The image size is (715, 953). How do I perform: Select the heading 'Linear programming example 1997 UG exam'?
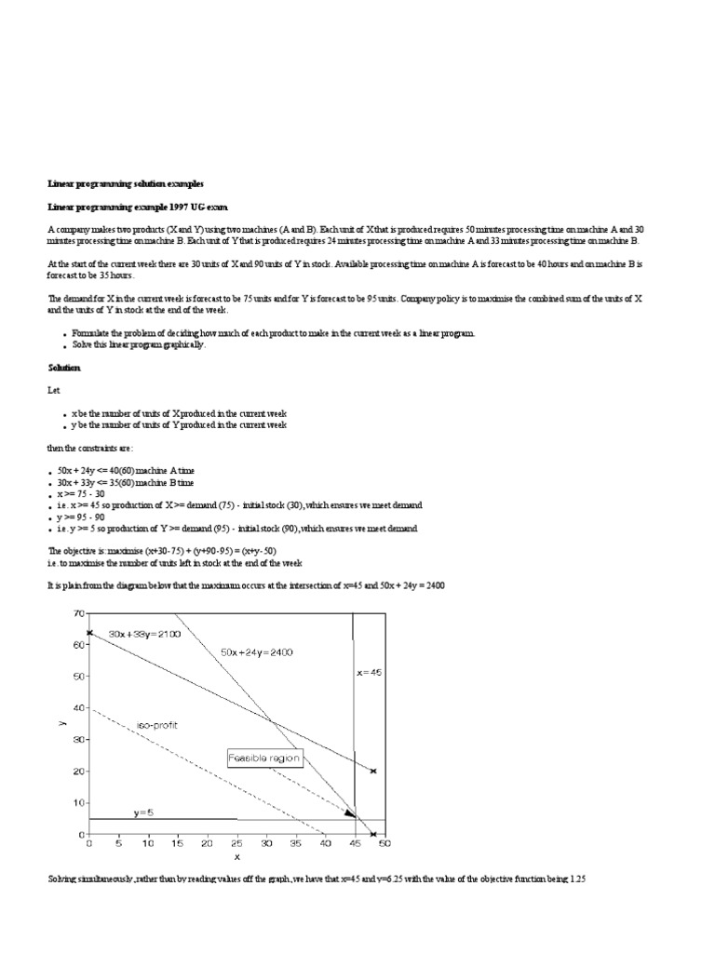137,206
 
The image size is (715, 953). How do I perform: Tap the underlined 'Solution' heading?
64,369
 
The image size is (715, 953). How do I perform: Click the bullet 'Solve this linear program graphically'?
139,344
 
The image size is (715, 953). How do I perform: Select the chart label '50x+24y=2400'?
257,653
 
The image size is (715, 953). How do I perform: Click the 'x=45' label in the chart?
370,671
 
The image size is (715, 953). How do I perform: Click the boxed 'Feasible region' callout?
264,758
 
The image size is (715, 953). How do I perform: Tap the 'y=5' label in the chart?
142,812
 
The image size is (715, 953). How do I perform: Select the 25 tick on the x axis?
236,844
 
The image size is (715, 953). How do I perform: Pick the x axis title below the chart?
236,857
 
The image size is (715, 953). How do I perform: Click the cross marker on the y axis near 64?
89,633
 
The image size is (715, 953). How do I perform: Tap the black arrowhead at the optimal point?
350,813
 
